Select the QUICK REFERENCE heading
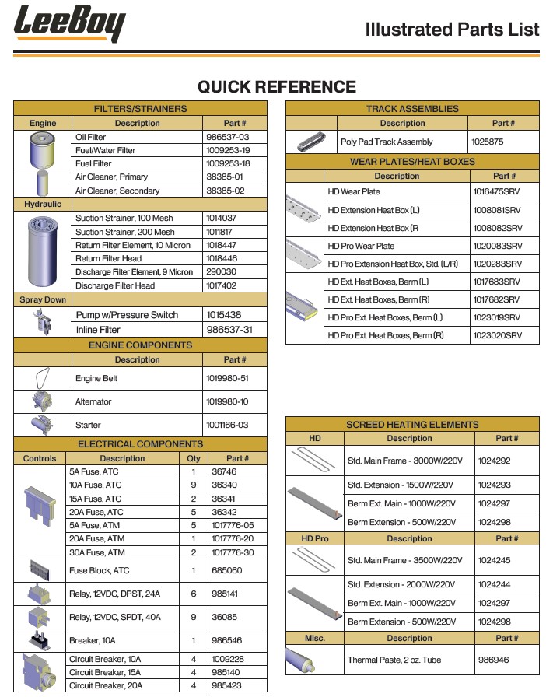click(x=276, y=86)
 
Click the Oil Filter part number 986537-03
click(x=227, y=137)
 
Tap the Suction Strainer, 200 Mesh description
click(x=124, y=232)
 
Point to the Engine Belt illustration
click(x=42, y=378)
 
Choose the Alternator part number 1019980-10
click(x=227, y=402)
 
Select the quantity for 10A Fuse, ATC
click(x=193, y=485)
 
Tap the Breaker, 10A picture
click(x=40, y=641)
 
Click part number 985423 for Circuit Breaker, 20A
click(x=226, y=686)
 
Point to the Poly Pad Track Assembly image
click(x=311, y=142)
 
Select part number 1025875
click(x=488, y=142)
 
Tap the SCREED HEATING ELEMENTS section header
click(x=412, y=425)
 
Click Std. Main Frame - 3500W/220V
click(x=404, y=560)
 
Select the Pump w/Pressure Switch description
click(x=127, y=315)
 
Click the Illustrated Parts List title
click(x=452, y=30)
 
